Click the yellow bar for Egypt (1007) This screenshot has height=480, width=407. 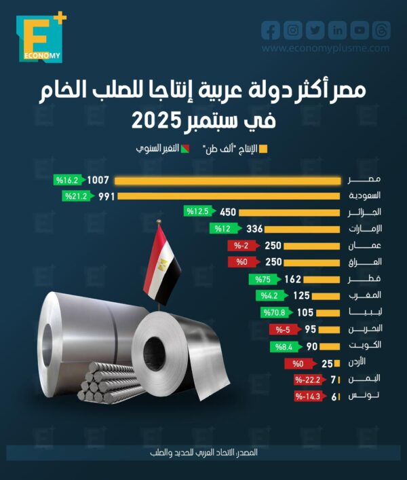coord(227,180)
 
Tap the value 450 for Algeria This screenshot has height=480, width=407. coord(227,212)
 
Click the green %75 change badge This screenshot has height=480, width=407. coord(259,279)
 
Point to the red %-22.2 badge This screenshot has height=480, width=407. coord(307,380)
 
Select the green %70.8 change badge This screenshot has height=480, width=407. coord(274,312)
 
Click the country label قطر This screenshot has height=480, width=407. coord(364,279)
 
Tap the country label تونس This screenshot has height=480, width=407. coord(364,396)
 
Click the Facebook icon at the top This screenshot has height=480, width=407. coord(271,30)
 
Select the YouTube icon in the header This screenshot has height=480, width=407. coord(360,30)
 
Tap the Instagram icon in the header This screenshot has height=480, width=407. coord(293,30)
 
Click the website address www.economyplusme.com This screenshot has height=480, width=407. coord(326,48)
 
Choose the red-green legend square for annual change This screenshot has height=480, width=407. coord(184,148)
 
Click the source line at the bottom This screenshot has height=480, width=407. coord(203,451)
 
